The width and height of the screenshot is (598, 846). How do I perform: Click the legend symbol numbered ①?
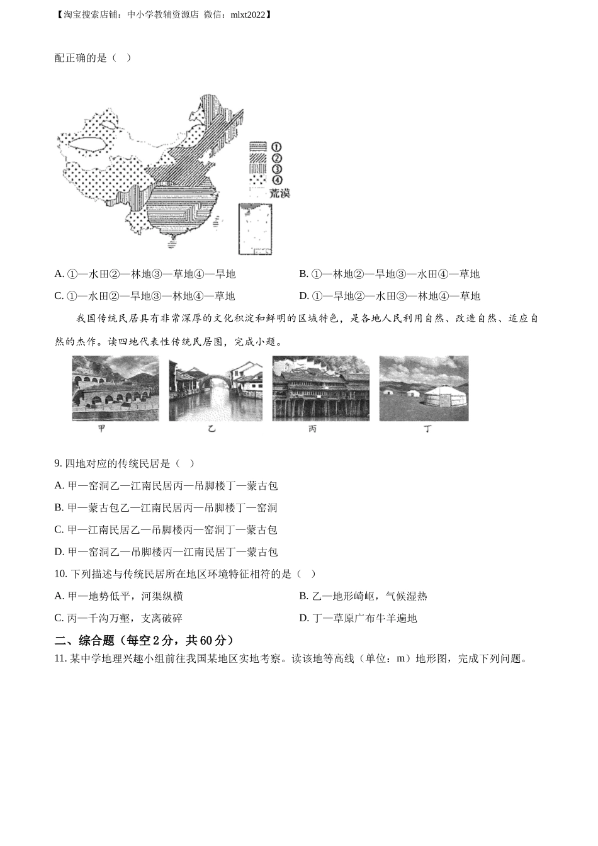point(258,147)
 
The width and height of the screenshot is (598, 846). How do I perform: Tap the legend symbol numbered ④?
point(258,180)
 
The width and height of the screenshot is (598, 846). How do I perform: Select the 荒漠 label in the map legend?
point(279,193)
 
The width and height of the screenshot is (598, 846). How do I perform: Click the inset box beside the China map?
point(257,229)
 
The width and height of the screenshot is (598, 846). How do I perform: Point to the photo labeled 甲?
point(115,388)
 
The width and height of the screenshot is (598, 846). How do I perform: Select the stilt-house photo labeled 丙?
point(320,388)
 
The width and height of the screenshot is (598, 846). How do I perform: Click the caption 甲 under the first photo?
point(102,429)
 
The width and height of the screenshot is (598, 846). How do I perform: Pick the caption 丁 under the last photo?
point(427,429)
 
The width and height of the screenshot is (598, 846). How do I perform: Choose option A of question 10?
point(119,596)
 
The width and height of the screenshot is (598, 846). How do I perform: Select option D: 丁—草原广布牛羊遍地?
point(358,618)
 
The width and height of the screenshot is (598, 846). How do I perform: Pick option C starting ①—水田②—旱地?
point(145,296)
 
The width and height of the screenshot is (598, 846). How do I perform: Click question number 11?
point(60,659)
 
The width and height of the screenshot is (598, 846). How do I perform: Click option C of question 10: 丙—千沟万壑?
point(119,618)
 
